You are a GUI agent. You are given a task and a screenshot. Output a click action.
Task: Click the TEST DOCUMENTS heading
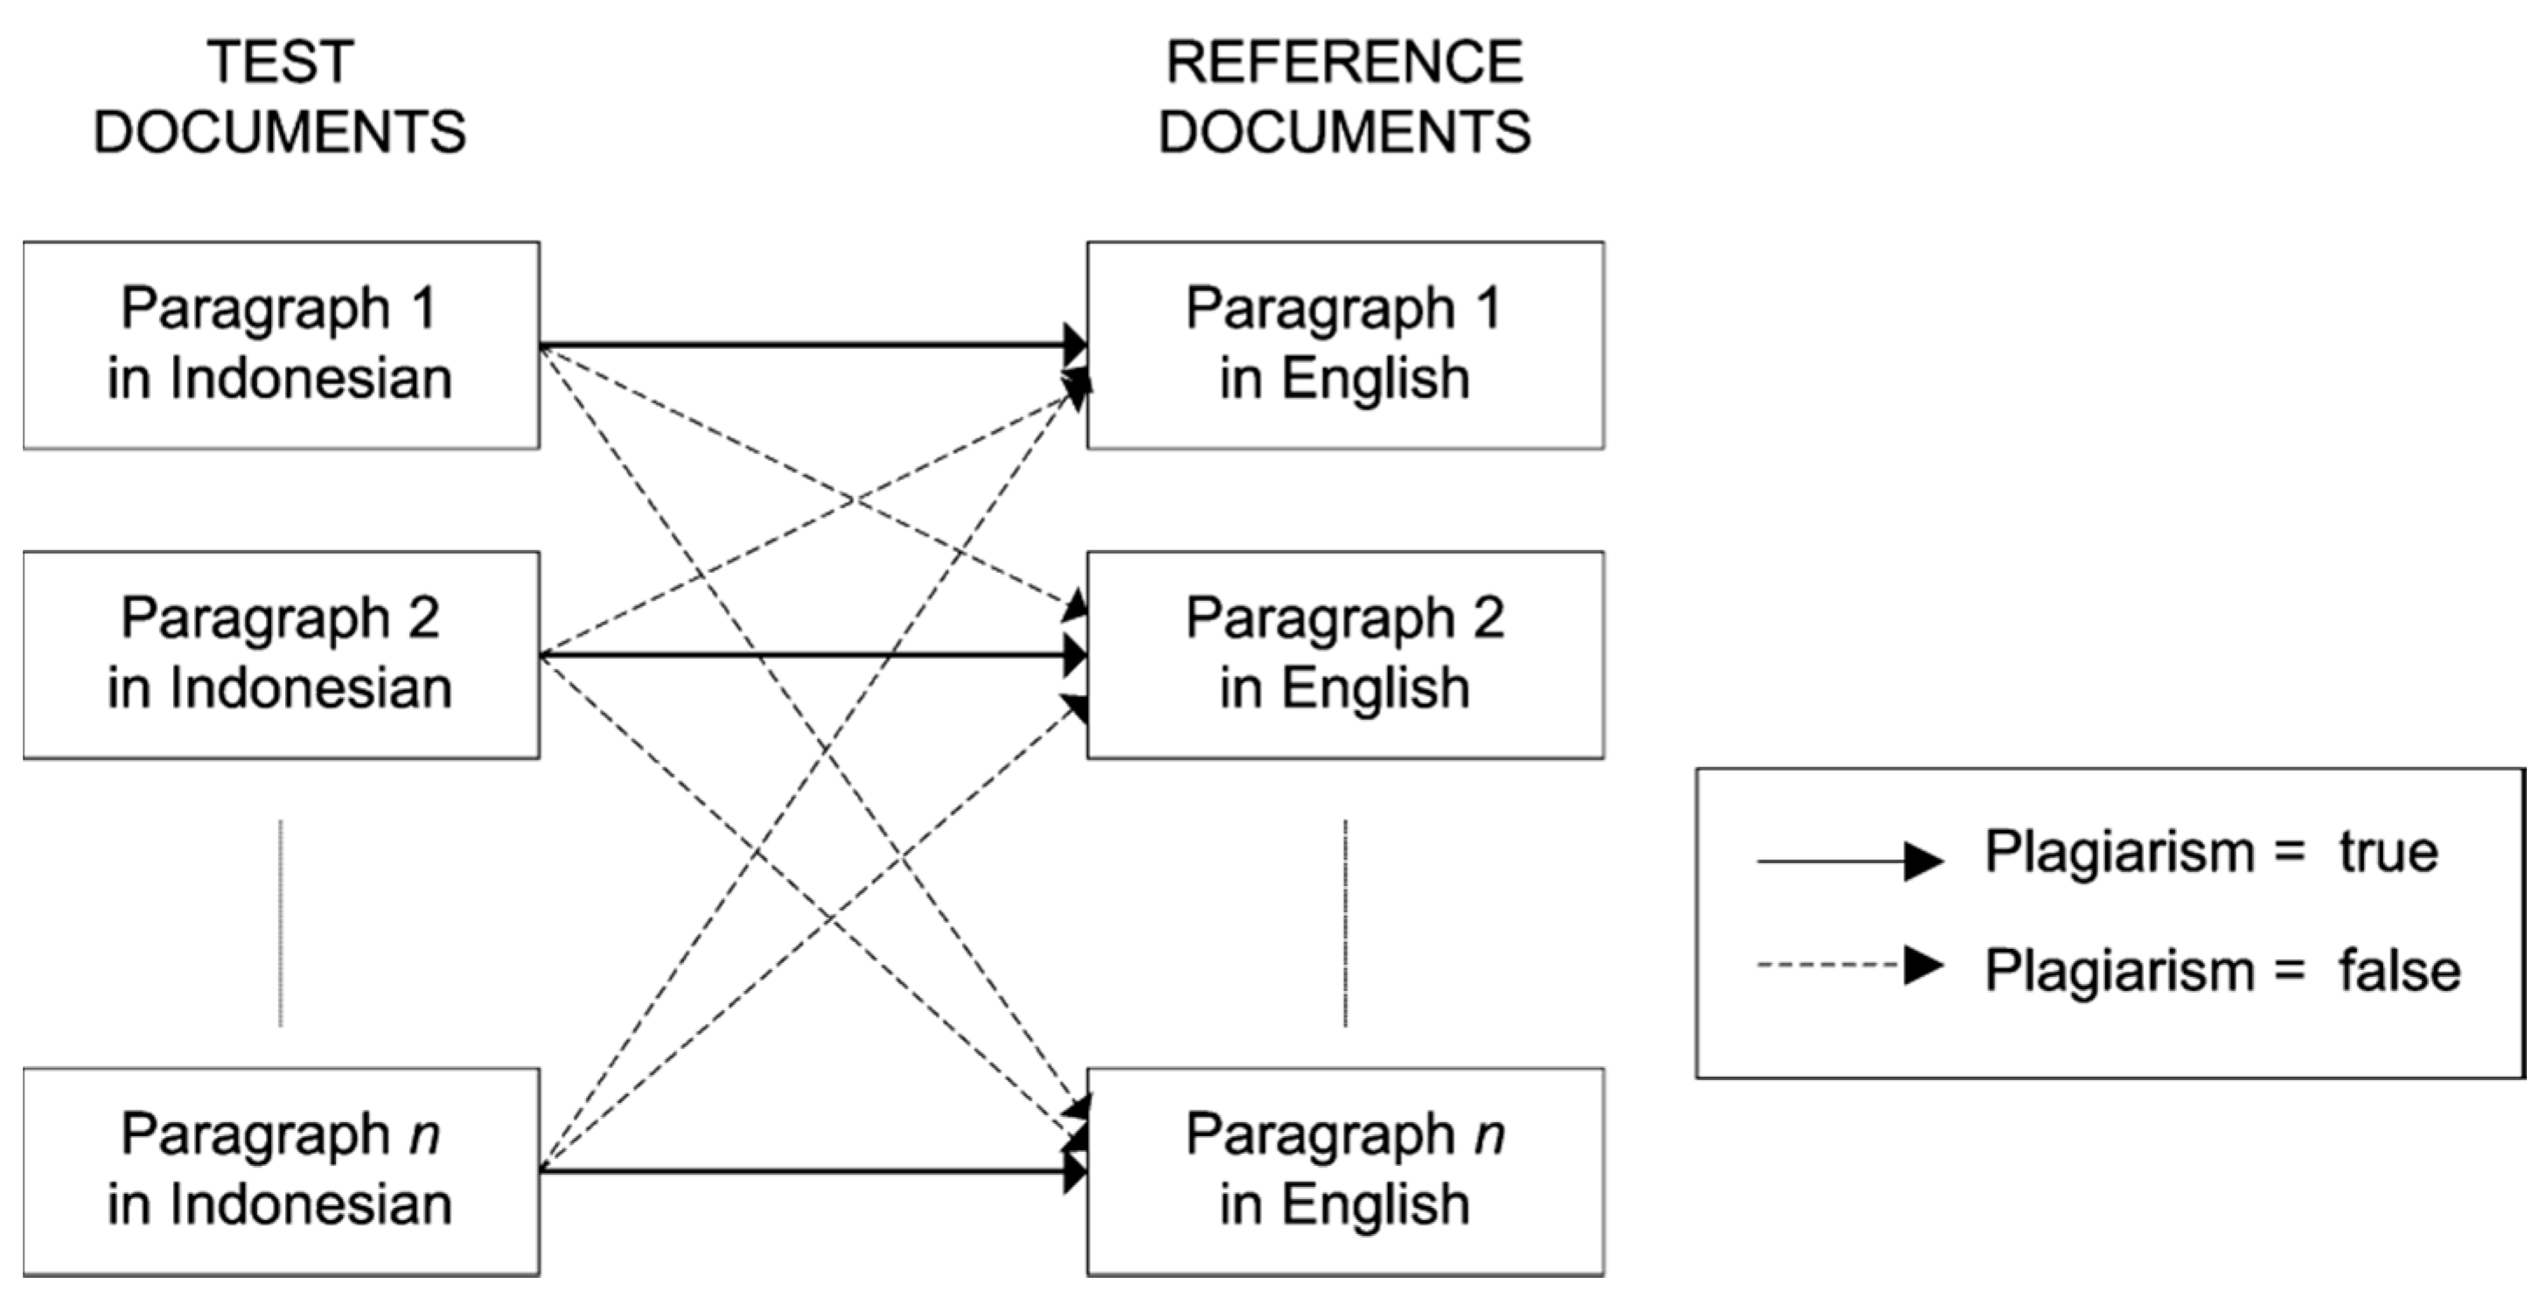[x=280, y=96]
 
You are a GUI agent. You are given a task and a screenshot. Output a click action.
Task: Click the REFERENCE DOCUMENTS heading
[x=1344, y=96]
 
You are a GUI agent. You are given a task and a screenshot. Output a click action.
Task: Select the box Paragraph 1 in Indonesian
[x=281, y=344]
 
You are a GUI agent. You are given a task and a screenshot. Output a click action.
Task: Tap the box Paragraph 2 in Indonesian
[x=281, y=654]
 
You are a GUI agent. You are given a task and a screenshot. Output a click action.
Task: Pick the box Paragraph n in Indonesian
[x=281, y=1170]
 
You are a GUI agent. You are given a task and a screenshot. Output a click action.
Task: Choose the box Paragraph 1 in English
[x=1344, y=344]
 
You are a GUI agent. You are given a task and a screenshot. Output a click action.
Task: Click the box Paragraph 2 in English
[x=1344, y=654]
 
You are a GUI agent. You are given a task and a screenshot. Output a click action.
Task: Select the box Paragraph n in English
[x=1344, y=1170]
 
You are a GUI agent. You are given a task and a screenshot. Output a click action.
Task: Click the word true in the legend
[x=2388, y=852]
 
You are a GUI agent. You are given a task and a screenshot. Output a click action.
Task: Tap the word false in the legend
[x=2399, y=971]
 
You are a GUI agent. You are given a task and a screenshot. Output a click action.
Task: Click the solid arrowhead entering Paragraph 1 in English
[x=1075, y=344]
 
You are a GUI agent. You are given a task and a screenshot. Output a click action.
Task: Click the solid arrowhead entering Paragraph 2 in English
[x=1075, y=654]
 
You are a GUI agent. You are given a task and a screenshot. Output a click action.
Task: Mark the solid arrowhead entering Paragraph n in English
[x=1075, y=1171]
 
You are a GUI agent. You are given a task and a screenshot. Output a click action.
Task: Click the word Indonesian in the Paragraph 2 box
[x=310, y=688]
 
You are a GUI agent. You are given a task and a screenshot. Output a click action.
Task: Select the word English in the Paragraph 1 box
[x=1376, y=379]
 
